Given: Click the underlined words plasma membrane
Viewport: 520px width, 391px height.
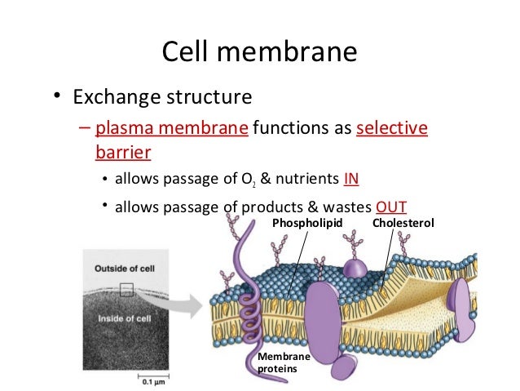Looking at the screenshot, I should [171, 129].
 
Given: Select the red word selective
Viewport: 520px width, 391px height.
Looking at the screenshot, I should [392, 129].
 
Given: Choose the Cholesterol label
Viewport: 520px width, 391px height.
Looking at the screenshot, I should [403, 222].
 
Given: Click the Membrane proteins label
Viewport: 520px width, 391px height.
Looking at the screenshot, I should [276, 363].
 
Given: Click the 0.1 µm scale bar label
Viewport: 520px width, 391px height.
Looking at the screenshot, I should [152, 381].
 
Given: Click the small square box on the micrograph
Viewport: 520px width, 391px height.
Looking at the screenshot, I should [126, 288].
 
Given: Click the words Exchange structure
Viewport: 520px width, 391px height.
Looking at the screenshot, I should [162, 99].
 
